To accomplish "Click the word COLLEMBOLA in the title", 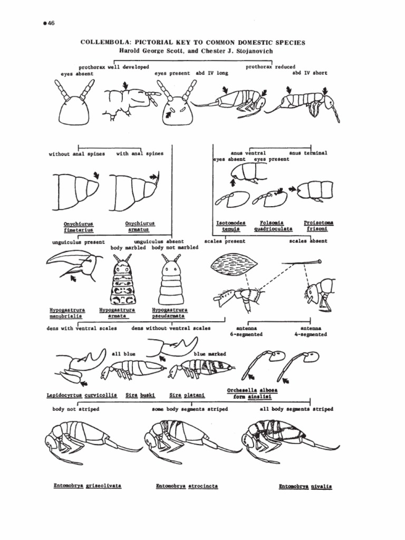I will tap(100, 42).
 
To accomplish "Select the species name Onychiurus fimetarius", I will tap(78, 227).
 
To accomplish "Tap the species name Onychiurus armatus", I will tap(140, 227).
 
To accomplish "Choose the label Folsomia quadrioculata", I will tap(273, 226).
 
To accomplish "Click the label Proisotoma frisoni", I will tap(319, 226).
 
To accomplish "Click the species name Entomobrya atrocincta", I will tap(187, 486).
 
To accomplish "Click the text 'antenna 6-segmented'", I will tap(246, 331).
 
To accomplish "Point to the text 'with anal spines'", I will tap(140, 153).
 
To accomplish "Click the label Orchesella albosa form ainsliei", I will tap(252, 393).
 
